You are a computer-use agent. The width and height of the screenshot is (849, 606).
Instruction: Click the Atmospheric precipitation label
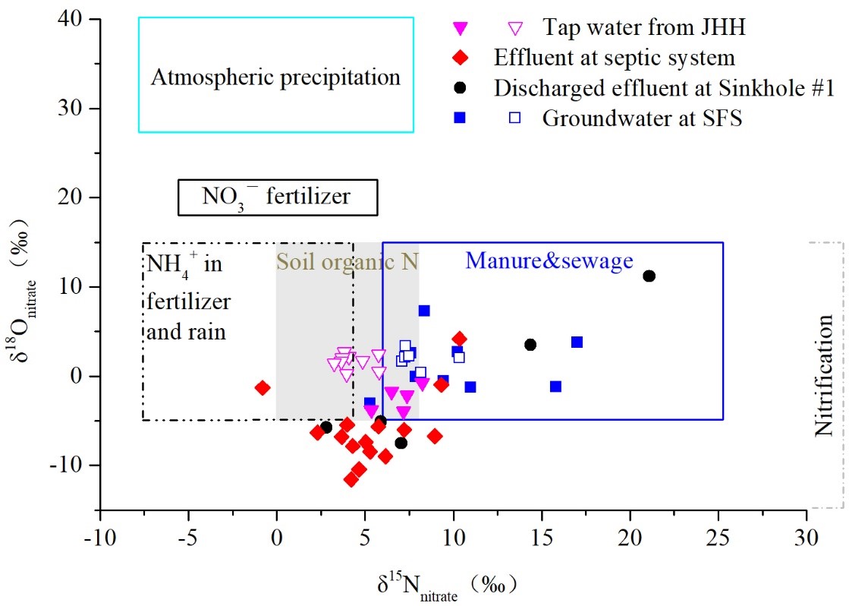(x=275, y=77)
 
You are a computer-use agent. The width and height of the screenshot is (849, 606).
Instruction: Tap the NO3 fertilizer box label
(x=276, y=197)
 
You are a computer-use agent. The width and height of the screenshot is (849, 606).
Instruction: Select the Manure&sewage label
(x=549, y=261)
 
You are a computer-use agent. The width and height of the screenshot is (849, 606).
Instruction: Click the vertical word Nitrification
(x=824, y=375)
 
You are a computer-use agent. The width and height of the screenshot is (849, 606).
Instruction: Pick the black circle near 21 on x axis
(x=649, y=276)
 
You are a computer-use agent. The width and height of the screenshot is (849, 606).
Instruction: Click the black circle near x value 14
(x=530, y=345)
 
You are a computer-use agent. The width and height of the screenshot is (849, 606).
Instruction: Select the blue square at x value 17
(x=577, y=342)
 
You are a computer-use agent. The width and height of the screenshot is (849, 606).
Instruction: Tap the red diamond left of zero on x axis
(x=263, y=387)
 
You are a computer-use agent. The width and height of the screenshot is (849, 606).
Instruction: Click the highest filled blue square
(x=424, y=311)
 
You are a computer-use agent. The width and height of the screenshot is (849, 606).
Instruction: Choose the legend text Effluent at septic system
(x=615, y=58)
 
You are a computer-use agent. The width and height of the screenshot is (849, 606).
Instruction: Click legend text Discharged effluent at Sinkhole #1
(x=664, y=88)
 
